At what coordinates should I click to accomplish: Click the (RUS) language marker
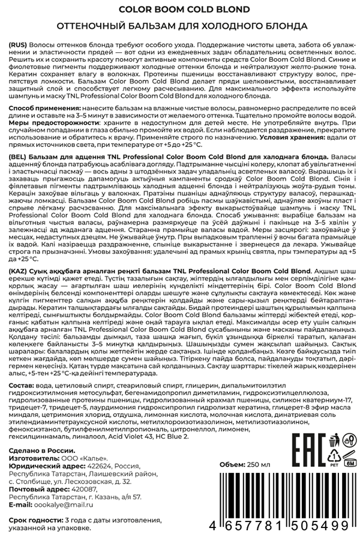(x=19, y=46)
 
